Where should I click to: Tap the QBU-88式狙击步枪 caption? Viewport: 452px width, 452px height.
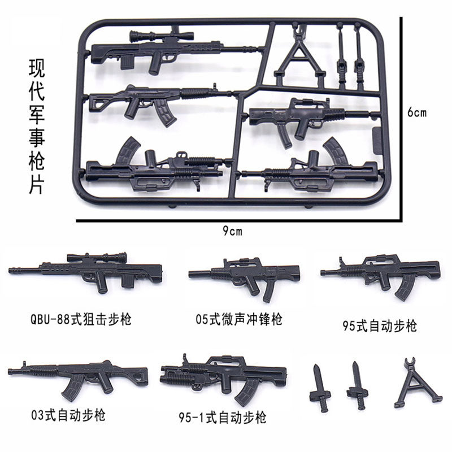tap(82, 319)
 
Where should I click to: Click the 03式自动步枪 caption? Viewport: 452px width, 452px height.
tap(68, 416)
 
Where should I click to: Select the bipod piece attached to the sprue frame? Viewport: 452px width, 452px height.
tap(297, 54)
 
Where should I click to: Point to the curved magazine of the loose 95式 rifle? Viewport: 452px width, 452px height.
tap(405, 288)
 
